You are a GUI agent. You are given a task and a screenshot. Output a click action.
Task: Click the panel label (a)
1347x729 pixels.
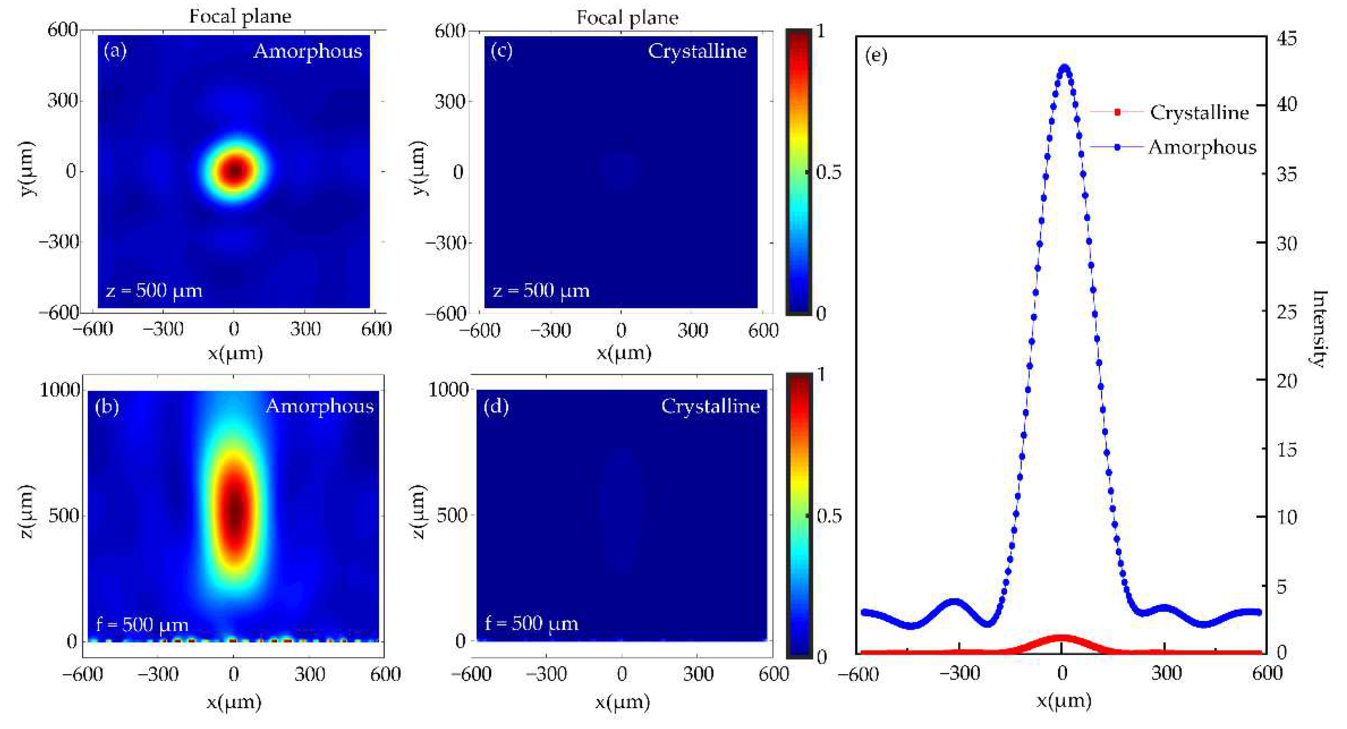tap(115, 51)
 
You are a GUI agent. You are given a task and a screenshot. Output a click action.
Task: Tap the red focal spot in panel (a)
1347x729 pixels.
tap(235, 170)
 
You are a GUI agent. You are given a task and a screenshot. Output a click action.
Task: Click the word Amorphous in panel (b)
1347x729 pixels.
tap(320, 406)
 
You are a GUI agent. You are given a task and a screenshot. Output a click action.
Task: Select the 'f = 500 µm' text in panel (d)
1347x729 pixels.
tap(531, 624)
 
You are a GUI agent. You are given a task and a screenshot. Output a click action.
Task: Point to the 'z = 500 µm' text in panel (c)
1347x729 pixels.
tap(541, 290)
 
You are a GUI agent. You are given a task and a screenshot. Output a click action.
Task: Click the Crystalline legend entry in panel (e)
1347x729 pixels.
tap(1198, 113)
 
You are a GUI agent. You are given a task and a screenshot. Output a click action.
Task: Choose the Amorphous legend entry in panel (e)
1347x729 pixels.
tap(1201, 147)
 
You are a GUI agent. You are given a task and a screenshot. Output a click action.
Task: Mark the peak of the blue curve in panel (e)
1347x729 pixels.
tap(1064, 67)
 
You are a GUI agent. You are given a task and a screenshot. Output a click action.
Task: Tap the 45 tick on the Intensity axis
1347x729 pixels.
tap(1286, 39)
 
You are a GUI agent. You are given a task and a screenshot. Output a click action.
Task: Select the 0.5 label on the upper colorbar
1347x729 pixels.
tap(828, 172)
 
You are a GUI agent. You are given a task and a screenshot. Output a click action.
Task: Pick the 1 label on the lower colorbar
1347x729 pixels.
tap(821, 374)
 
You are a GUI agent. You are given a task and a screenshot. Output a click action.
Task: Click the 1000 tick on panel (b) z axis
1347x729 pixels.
tap(60, 389)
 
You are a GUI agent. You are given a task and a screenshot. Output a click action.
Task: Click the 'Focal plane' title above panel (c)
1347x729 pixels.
tap(627, 18)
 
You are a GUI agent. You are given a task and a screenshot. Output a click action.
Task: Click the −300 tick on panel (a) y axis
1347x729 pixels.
tap(59, 242)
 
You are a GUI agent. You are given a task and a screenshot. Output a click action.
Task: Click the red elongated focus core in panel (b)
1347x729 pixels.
tap(235, 510)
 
